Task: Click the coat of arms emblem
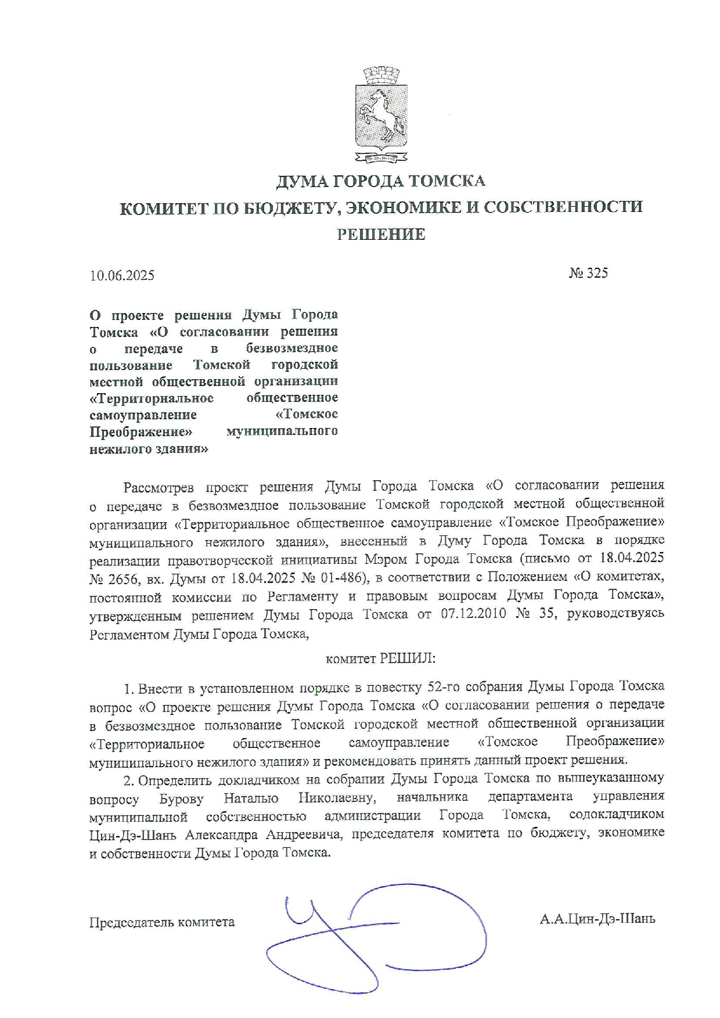(x=381, y=115)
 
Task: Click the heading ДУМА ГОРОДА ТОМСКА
(x=380, y=181)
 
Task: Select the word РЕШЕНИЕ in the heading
(x=381, y=234)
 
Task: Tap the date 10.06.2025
(x=122, y=275)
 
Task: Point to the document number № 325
(x=588, y=273)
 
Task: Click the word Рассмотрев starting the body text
(x=159, y=486)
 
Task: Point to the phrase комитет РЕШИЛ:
(x=380, y=659)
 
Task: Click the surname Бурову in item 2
(x=181, y=799)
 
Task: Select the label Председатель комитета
(x=162, y=922)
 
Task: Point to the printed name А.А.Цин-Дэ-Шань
(x=597, y=919)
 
